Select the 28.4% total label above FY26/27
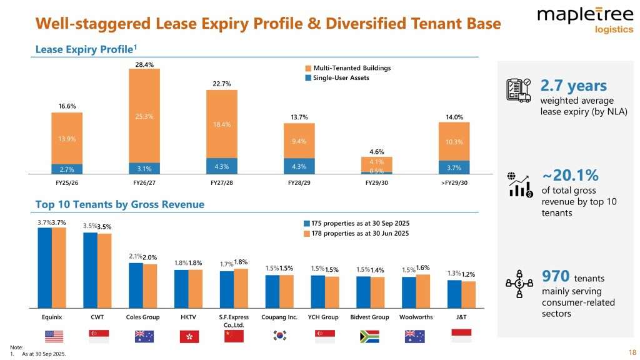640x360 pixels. coord(144,64)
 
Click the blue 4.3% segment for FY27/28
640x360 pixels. coord(222,166)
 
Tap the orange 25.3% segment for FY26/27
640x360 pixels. coord(144,115)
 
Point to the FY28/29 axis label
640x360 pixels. coord(299,183)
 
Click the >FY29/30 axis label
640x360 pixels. coord(454,183)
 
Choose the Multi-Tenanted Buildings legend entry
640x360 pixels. coord(347,67)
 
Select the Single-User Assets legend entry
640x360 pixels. coord(340,77)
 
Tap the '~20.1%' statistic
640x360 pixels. coord(569,174)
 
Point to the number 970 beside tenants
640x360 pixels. coord(554,276)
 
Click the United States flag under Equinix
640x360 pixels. coord(54,336)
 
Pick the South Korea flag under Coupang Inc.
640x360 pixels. coord(279,336)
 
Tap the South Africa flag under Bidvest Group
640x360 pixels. coord(369,336)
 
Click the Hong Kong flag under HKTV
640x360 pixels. coord(189,336)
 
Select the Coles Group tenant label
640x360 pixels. coord(143,317)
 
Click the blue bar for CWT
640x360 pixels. coord(90,270)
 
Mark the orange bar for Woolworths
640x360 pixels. coord(423,291)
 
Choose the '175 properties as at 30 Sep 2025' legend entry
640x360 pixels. coord(356,223)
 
